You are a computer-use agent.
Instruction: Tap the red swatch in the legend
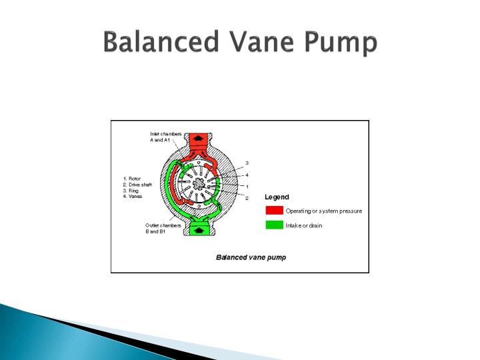pos(274,211)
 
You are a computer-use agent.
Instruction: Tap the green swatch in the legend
pos(274,225)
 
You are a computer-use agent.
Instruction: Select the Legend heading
pos(277,197)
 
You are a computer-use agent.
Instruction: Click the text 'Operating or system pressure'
pos(324,211)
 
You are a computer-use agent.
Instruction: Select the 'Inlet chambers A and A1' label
pos(166,137)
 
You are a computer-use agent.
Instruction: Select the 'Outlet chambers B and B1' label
pos(163,228)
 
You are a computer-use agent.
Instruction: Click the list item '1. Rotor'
pos(132,178)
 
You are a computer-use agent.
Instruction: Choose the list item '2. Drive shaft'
pos(138,184)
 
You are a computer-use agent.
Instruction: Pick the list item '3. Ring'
pos(131,190)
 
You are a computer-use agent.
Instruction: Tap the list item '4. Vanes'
pos(133,196)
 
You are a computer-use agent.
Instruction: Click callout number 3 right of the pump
pos(247,163)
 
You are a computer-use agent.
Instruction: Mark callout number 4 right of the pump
pos(247,175)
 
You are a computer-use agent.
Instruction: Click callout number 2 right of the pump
pos(247,198)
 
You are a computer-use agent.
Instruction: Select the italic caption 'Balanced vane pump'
pos(251,257)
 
